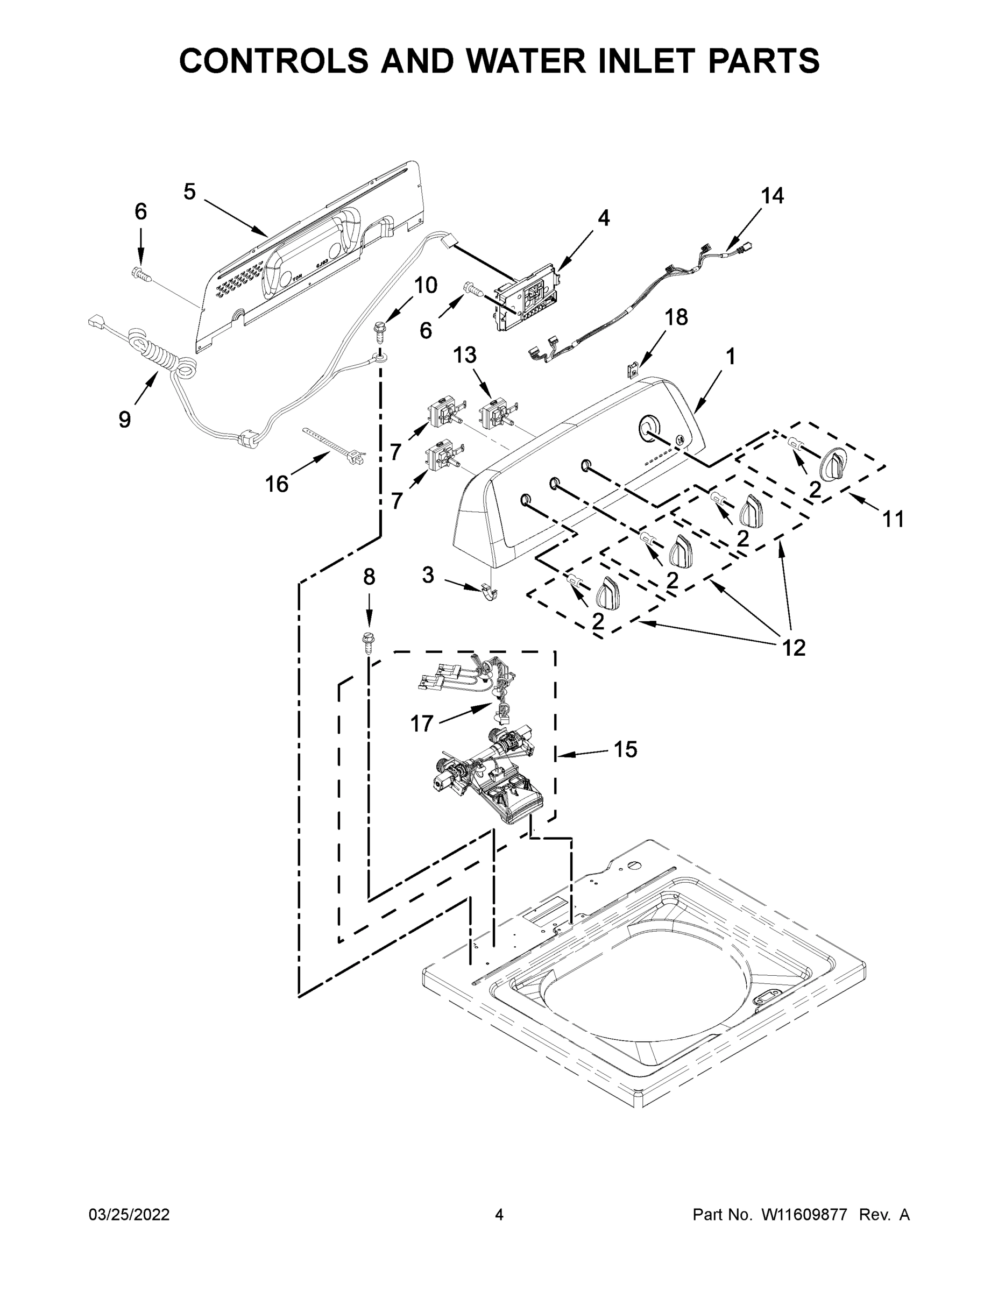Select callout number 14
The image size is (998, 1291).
(x=772, y=196)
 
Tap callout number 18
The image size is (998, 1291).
(x=676, y=317)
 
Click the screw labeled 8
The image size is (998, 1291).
(x=369, y=643)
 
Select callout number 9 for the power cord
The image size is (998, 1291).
(x=125, y=420)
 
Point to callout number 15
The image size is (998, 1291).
(x=625, y=749)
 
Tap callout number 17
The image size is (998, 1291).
(x=422, y=723)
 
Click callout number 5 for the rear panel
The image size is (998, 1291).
(x=189, y=192)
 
